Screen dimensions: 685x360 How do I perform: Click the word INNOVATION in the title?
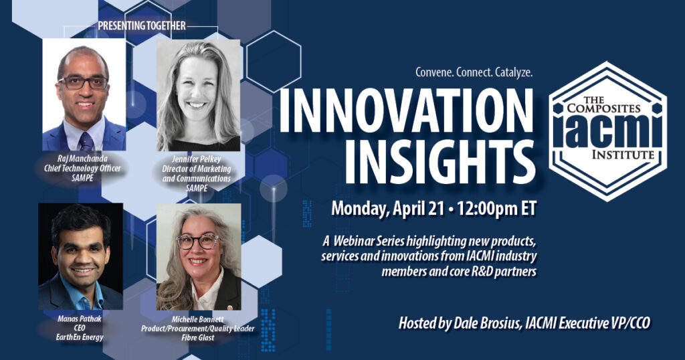pos(406,111)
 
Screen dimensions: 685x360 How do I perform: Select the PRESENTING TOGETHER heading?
pos(142,26)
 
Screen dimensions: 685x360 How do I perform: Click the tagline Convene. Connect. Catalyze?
pos(474,72)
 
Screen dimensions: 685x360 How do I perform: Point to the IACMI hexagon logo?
pos(607,131)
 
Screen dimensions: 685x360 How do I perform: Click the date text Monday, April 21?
pos(387,208)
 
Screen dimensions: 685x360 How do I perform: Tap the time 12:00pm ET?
pos(497,208)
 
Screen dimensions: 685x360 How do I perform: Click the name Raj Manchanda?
pos(82,159)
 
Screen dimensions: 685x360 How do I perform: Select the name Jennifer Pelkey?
pos(196,159)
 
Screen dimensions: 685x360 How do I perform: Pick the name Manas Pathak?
pos(80,319)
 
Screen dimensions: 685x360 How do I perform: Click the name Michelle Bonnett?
pos(197,319)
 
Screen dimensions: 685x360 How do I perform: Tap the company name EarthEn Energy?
pos(80,337)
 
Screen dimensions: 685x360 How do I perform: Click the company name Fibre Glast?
pos(198,337)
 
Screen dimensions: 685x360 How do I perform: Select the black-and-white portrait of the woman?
pos(198,95)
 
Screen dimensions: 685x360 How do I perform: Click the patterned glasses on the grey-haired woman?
pos(197,241)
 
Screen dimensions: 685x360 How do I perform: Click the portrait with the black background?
pos(80,256)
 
